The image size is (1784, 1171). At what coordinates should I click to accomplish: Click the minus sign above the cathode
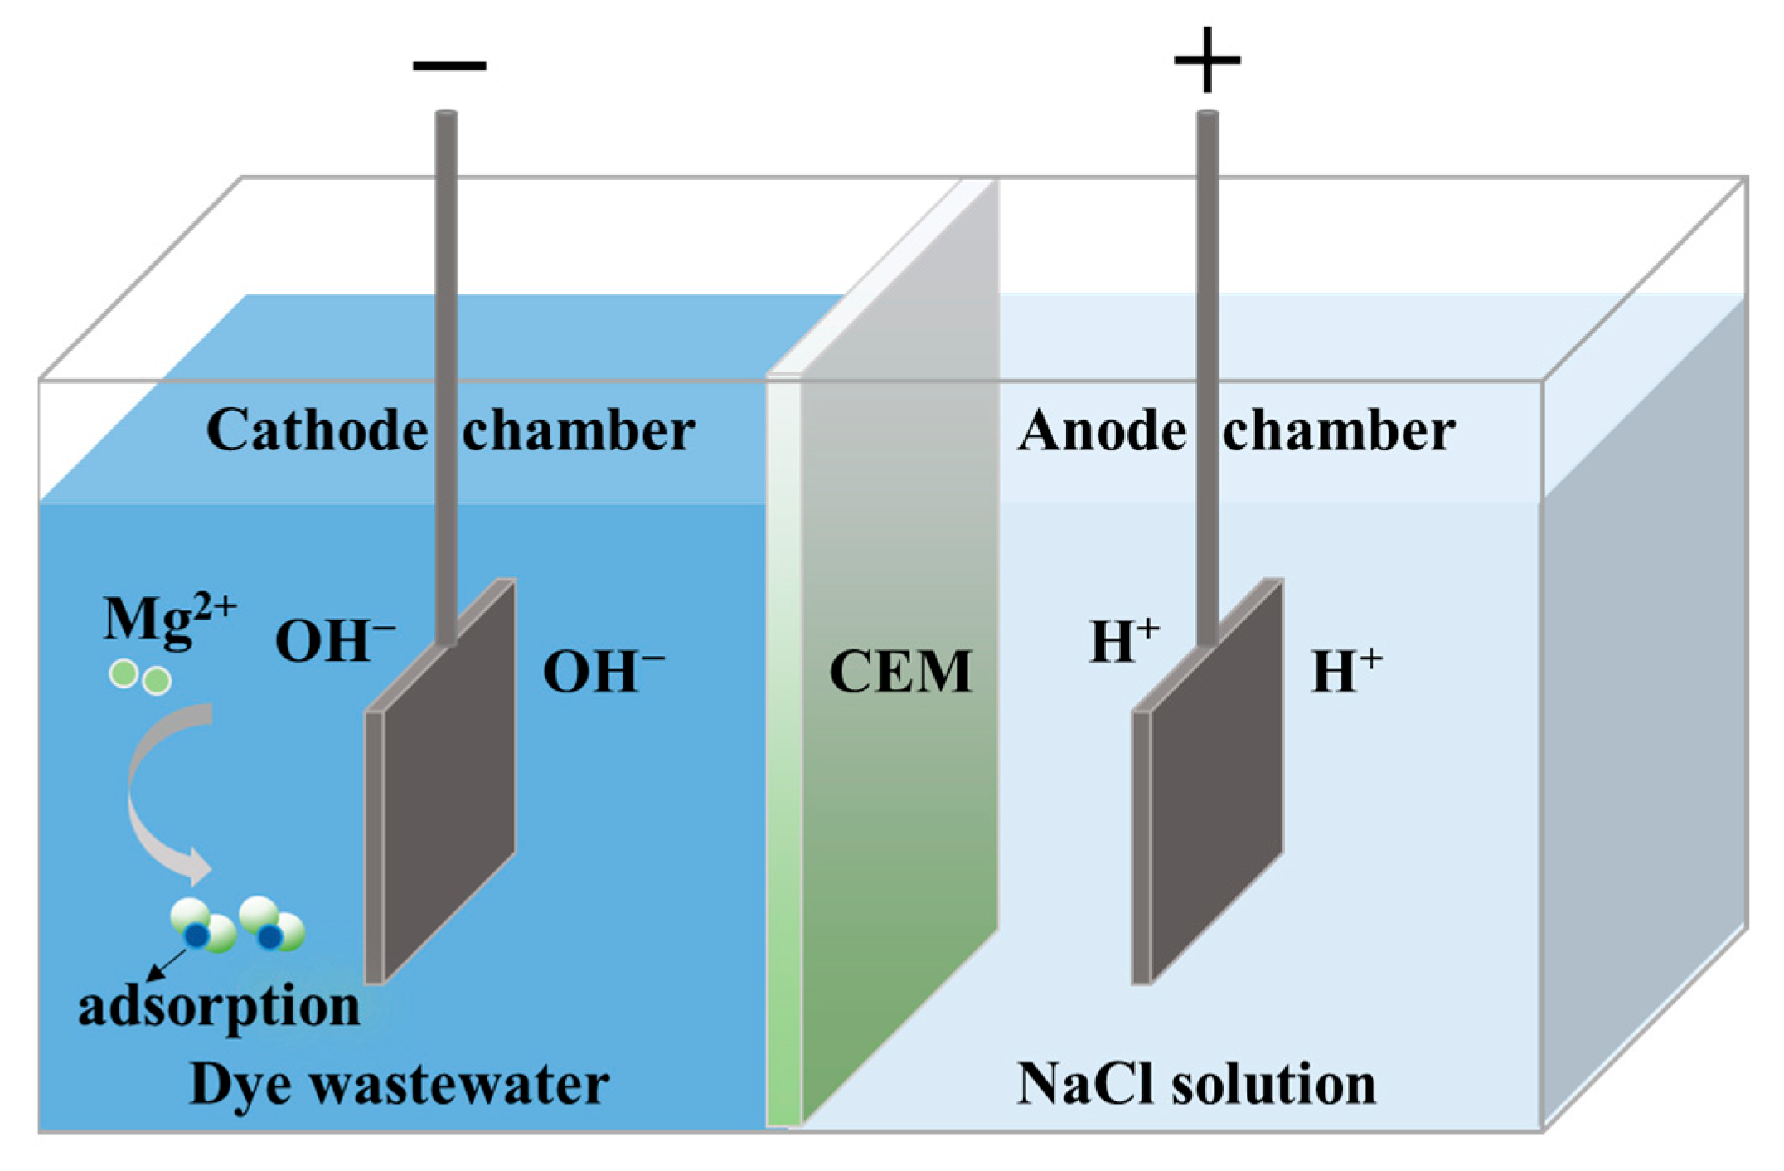point(449,65)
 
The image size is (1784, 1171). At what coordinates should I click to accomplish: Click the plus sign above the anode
point(1207,60)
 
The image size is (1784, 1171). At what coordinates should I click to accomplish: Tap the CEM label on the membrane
point(900,672)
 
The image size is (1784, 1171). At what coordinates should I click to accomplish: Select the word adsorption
point(219,1007)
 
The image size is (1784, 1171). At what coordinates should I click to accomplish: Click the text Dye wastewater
point(400,1085)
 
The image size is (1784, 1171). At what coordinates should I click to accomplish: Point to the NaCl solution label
point(1196,1085)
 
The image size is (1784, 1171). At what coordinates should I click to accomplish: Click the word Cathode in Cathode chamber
point(316,431)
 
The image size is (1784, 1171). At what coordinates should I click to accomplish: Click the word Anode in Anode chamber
point(1102,431)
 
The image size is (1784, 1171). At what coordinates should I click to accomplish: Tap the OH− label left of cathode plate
point(334,641)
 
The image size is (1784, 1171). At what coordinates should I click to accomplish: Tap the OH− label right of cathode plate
point(603,672)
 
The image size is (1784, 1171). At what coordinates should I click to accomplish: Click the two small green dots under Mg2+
point(140,678)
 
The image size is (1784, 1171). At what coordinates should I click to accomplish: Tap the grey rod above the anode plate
point(1207,332)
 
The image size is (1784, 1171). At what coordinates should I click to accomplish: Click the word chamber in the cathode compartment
point(579,431)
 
